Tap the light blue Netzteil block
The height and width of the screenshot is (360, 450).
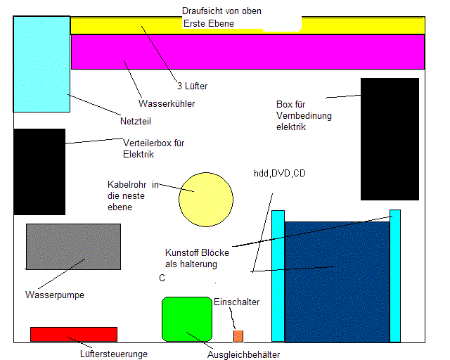click(x=41, y=63)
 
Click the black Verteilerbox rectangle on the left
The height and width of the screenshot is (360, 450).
click(x=39, y=172)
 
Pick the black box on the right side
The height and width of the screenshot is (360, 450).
click(x=390, y=139)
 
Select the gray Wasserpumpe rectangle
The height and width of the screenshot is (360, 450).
click(x=72, y=246)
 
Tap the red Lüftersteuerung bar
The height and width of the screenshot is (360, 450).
click(x=73, y=334)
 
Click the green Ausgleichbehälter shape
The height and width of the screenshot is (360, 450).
click(x=187, y=320)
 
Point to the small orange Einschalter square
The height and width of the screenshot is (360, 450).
click(x=238, y=335)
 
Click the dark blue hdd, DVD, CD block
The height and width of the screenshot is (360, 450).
click(x=337, y=281)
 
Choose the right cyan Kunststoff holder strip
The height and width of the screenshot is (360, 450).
click(x=395, y=275)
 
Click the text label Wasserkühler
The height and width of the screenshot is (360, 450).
click(x=167, y=103)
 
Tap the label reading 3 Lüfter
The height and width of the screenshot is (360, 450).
click(x=192, y=86)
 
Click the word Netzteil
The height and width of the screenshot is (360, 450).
click(x=136, y=121)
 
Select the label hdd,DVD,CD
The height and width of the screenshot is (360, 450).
click(x=280, y=173)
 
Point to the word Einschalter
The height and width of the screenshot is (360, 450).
click(x=236, y=302)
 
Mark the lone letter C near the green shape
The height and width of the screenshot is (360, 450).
click(x=162, y=278)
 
